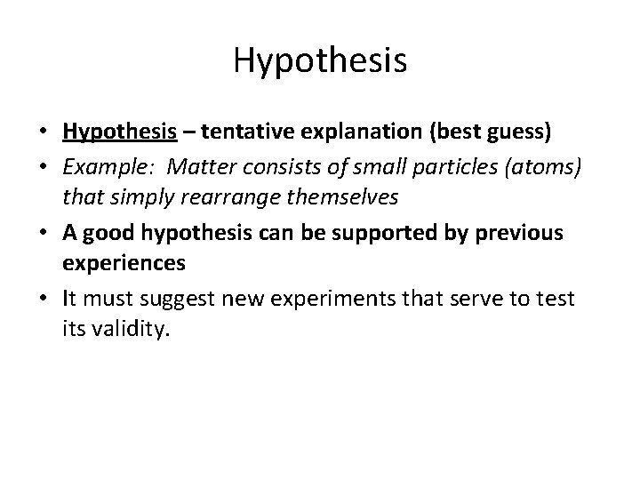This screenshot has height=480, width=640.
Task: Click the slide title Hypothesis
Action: [320, 60]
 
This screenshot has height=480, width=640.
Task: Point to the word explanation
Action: [346, 132]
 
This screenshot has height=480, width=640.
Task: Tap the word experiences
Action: [124, 263]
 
